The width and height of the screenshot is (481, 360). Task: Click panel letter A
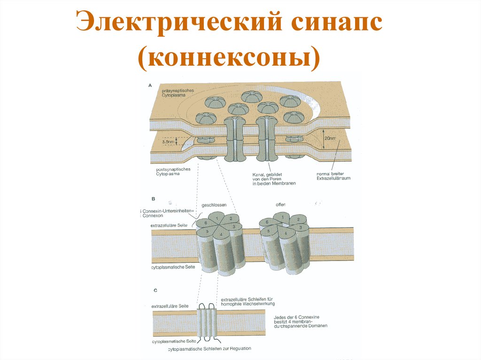[150, 85]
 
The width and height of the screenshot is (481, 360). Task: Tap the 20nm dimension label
[330, 138]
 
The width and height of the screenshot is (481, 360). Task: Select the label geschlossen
[214, 205]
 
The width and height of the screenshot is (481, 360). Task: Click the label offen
[281, 205]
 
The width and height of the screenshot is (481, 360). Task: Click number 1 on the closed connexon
[217, 218]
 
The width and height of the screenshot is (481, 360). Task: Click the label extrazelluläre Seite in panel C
[170, 306]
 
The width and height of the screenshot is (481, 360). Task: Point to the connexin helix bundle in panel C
[207, 321]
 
